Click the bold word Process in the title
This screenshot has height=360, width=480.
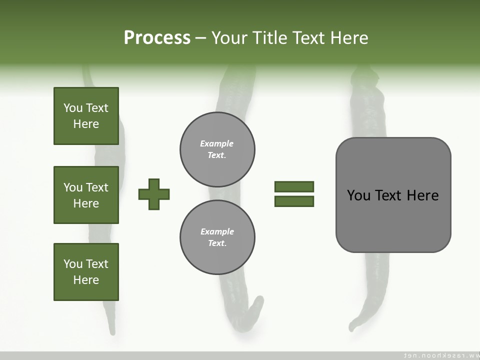tap(157, 38)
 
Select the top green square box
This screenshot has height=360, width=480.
tap(86, 116)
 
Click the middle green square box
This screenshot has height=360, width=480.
tap(86, 195)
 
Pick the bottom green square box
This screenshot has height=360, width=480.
tap(86, 272)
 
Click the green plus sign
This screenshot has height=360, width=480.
tap(154, 194)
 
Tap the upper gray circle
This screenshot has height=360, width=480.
tap(217, 149)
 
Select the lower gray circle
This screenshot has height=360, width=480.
tap(217, 237)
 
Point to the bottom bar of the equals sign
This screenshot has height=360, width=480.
tap(294, 201)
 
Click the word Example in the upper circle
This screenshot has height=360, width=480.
tap(216, 143)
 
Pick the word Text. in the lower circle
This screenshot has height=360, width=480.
tap(217, 243)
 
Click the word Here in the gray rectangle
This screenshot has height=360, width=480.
tap(422, 195)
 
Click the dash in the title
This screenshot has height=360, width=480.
tap(200, 38)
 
